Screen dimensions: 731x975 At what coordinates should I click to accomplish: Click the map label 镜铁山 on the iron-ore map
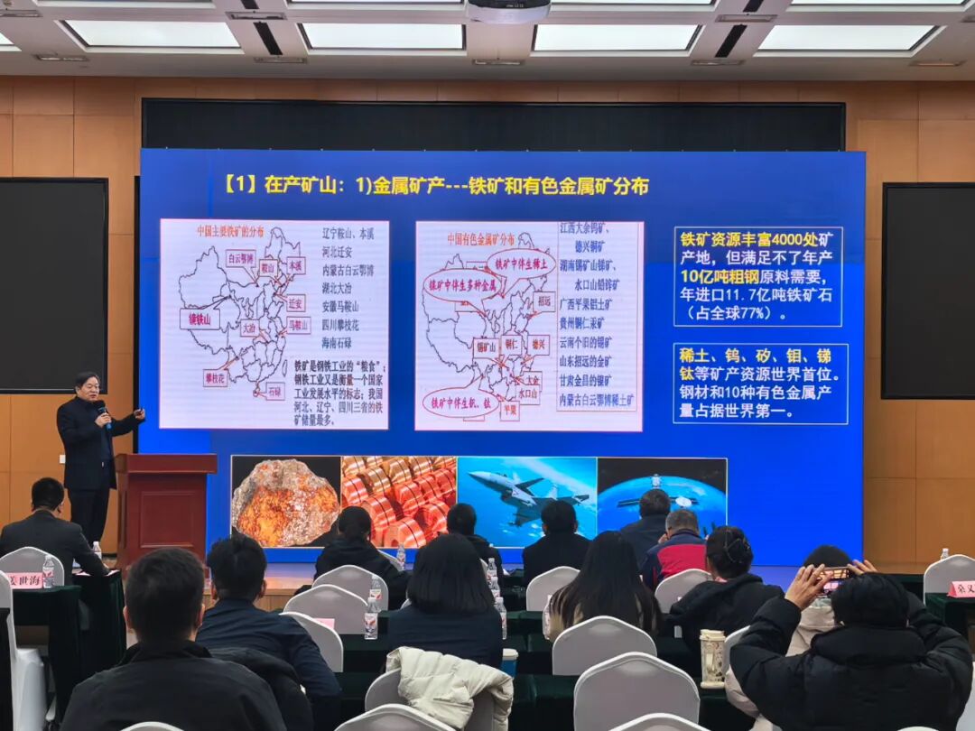pos(200,319)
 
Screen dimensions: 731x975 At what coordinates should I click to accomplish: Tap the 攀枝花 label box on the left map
pos(215,377)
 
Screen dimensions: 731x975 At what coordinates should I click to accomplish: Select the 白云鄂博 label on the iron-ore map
pos(241,257)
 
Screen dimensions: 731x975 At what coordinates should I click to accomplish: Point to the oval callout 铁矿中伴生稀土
pos(521,263)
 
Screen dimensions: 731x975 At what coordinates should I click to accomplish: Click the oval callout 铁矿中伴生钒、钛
pos(457,402)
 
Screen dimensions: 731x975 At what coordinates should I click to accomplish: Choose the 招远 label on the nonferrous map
pos(543,301)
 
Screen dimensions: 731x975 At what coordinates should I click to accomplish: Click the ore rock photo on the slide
pos(285,502)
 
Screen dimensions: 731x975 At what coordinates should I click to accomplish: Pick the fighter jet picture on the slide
pos(526,497)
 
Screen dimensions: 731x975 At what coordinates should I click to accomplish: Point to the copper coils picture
pos(398,502)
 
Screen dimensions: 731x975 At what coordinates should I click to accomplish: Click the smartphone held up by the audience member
pos(836,574)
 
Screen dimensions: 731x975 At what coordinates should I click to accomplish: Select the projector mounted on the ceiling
pos(508,11)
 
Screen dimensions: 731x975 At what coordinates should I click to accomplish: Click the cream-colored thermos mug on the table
pos(712,657)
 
